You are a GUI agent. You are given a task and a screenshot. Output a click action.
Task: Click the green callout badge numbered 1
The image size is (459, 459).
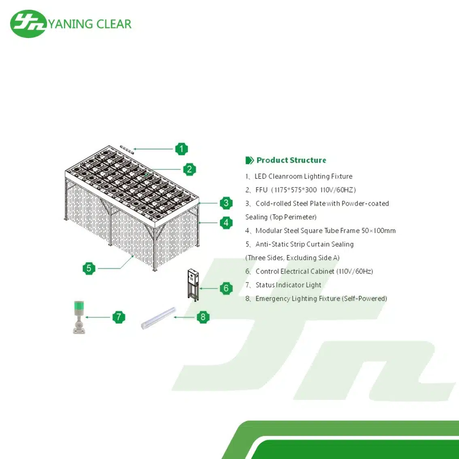coord(182,149)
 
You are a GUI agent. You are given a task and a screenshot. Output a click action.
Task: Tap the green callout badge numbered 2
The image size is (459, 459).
coord(189,169)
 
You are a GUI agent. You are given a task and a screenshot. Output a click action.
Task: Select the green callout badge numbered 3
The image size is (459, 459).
coord(226,203)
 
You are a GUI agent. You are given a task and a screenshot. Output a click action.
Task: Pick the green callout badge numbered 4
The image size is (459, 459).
coord(226,223)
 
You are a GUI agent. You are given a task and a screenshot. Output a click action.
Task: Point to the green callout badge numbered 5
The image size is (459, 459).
coord(89,268)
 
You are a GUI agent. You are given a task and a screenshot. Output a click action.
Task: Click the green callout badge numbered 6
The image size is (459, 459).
coord(226,288)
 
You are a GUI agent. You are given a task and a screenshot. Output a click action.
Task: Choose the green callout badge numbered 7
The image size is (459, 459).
coord(119,317)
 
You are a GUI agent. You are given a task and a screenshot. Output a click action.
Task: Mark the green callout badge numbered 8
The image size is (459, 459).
coord(203,317)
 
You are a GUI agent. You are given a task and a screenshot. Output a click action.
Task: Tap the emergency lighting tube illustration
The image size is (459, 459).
coord(158,318)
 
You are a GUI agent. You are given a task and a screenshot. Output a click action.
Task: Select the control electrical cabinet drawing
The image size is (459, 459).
coord(193,285)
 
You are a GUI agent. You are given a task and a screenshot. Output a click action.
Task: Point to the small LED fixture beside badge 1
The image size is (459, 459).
coord(127,149)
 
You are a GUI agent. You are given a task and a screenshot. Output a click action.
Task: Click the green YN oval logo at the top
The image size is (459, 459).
coord(28,24)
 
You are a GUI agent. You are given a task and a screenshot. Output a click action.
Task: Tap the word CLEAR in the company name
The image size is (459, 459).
coord(114,24)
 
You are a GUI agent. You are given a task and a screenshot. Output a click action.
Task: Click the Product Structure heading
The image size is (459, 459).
coord(291,160)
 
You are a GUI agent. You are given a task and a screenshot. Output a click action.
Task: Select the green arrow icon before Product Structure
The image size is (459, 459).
coord(249,160)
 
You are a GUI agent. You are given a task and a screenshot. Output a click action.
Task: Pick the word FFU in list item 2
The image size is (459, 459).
coord(261,190)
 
